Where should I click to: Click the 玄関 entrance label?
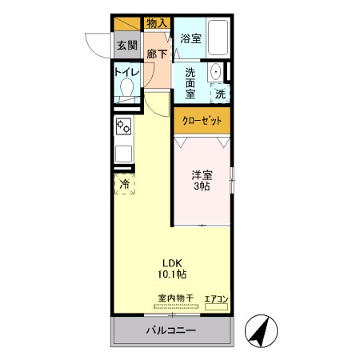(126, 44)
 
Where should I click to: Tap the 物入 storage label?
(157, 23)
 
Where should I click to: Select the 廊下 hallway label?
(157, 54)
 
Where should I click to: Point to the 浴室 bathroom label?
(190, 38)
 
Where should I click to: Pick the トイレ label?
(127, 71)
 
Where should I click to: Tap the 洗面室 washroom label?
(190, 81)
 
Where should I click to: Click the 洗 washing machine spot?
(219, 93)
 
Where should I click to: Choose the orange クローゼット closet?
(202, 122)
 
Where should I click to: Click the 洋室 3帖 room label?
(201, 180)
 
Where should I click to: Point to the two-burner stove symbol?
(124, 126)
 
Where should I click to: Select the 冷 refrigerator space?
(124, 185)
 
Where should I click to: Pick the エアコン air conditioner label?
(217, 299)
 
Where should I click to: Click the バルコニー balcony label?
(170, 330)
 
